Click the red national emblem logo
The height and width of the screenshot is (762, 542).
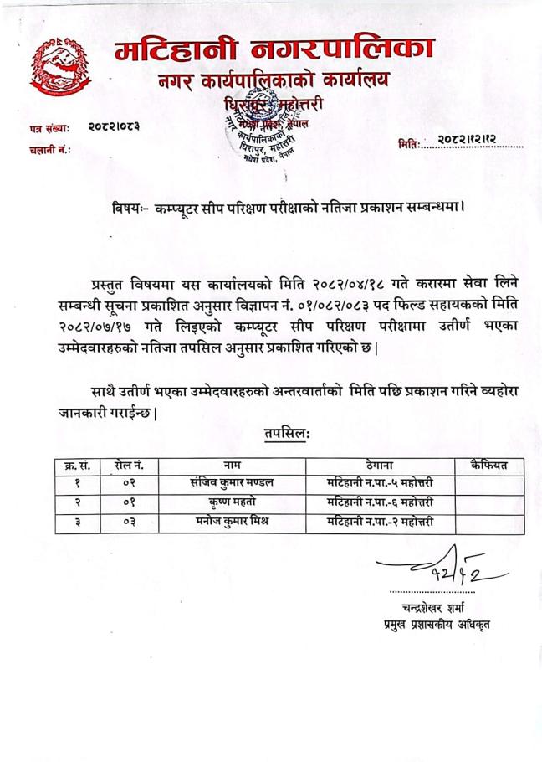point(61,66)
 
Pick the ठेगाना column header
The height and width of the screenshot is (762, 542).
point(380,465)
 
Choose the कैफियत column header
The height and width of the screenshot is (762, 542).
point(488,465)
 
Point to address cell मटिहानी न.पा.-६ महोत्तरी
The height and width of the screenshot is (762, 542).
point(380,502)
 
